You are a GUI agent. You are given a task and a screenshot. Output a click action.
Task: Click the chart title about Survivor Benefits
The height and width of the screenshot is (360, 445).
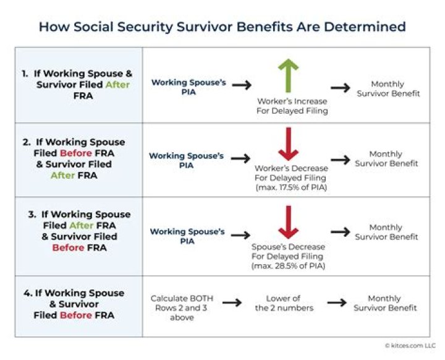point(222,27)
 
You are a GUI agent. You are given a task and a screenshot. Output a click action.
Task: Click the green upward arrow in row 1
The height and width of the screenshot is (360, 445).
point(288,75)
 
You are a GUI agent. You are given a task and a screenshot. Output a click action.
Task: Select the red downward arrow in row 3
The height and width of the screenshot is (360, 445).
point(288,223)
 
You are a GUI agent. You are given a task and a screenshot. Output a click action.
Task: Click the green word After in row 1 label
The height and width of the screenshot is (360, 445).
point(117,85)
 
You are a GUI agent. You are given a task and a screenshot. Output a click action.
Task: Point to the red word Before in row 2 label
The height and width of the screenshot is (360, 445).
point(77,153)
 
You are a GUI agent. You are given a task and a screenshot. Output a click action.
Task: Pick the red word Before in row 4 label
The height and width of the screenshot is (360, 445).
point(77,315)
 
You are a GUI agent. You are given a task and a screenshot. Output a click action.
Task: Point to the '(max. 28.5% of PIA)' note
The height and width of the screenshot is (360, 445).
point(289,265)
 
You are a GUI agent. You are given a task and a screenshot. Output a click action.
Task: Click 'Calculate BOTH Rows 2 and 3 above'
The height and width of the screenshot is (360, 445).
point(177,307)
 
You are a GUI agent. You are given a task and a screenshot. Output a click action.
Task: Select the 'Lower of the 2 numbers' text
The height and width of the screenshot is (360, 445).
point(284,303)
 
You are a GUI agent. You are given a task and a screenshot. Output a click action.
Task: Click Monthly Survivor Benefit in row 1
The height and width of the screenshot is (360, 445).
point(387,88)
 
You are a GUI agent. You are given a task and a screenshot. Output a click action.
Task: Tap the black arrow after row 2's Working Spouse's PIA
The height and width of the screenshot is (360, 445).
point(240,159)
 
